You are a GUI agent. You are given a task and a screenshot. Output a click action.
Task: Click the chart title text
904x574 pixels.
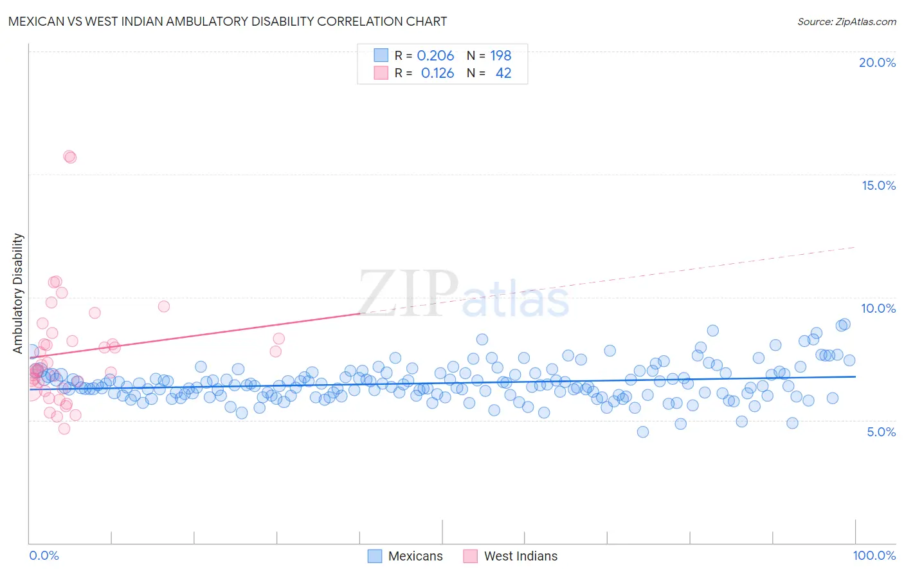click(x=228, y=21)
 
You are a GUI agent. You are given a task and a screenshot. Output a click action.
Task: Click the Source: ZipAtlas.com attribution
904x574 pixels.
click(x=846, y=21)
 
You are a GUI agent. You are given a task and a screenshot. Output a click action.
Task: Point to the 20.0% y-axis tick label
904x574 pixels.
click(x=877, y=62)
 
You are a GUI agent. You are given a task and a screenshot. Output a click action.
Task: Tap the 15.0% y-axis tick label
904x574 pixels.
click(x=878, y=185)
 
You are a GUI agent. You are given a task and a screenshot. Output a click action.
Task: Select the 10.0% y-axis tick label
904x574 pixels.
click(x=878, y=308)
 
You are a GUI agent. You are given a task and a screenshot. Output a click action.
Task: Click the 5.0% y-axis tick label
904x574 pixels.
click(x=881, y=432)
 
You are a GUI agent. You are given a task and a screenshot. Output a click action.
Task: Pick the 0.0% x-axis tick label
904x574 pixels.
click(x=44, y=555)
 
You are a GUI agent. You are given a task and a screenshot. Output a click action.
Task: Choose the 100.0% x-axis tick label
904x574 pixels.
click(x=874, y=555)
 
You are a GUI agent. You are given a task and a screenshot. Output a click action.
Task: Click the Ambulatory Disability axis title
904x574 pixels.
click(x=18, y=293)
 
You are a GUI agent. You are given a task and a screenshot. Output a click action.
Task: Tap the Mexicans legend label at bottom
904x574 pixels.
click(x=415, y=556)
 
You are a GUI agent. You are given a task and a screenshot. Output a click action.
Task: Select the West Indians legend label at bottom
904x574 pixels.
click(x=520, y=556)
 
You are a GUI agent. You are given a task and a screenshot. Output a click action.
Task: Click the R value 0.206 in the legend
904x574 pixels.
click(x=435, y=56)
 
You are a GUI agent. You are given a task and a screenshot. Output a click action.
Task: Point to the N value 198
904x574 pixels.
click(x=500, y=56)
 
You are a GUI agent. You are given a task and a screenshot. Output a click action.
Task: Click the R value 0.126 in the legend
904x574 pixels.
click(x=437, y=73)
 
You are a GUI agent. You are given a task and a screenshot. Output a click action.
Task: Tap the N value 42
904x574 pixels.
click(x=503, y=73)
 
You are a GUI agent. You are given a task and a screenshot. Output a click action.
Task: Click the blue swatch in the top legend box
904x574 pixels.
click(x=381, y=56)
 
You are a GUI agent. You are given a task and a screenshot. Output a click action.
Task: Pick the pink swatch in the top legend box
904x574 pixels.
click(x=381, y=73)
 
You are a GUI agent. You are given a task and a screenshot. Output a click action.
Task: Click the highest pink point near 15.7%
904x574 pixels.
click(x=69, y=156)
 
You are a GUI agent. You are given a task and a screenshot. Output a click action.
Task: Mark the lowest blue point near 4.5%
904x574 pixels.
click(x=642, y=432)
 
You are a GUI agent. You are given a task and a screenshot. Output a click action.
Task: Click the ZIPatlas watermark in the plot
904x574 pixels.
click(x=463, y=294)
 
